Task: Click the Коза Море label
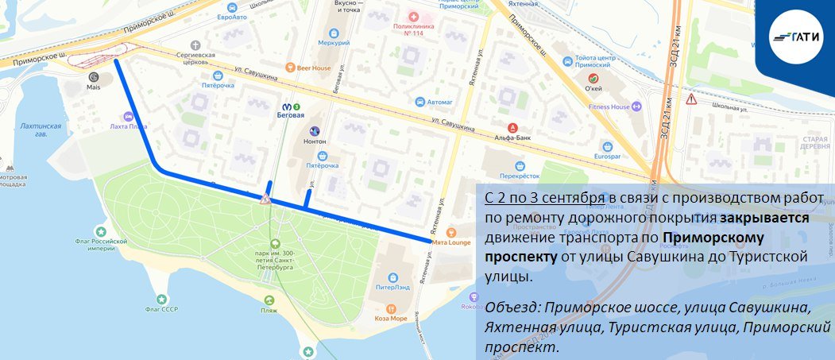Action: tap(390, 316)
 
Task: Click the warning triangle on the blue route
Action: tap(265, 199)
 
